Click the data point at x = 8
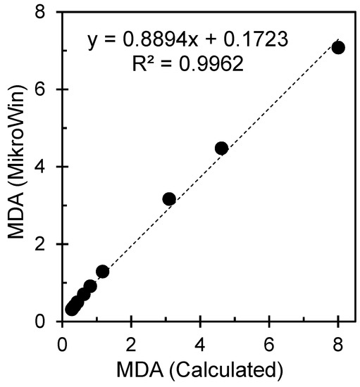(x=338, y=47)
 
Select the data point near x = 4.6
(x=221, y=148)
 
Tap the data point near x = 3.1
(x=169, y=199)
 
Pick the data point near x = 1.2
(x=103, y=272)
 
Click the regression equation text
(x=187, y=41)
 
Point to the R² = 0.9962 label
(x=189, y=65)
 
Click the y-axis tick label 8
(x=48, y=12)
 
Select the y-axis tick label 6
(x=48, y=89)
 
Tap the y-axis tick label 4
(x=48, y=167)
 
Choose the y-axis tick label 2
(x=48, y=244)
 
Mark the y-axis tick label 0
(x=48, y=321)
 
